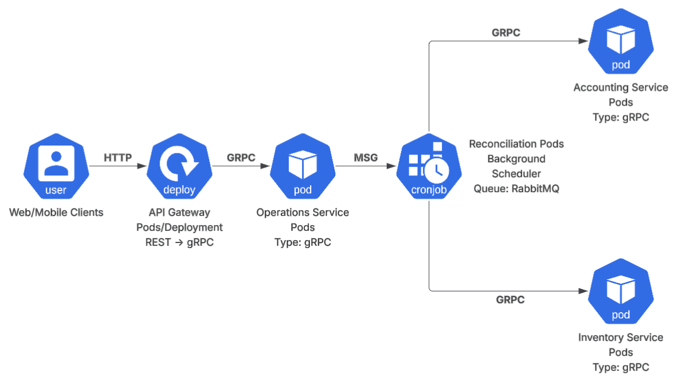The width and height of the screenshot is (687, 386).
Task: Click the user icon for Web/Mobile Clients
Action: (x=56, y=166)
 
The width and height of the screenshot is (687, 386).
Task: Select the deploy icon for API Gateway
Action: (x=179, y=166)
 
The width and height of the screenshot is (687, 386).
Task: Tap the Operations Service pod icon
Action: (x=303, y=166)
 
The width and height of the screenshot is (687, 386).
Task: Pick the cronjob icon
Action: (x=429, y=166)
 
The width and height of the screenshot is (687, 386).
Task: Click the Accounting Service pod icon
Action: (x=621, y=41)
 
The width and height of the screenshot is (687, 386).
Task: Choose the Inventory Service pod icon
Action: (x=621, y=291)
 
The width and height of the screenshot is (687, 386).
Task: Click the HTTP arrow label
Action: (x=118, y=158)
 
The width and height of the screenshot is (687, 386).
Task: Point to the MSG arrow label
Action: (x=366, y=158)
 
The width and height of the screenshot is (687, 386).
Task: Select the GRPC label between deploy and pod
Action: (x=241, y=158)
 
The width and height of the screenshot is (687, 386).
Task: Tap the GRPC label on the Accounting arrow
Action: (x=506, y=33)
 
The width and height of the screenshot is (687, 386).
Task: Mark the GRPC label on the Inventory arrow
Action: (x=511, y=299)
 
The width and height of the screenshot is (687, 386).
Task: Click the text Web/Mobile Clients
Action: (x=56, y=212)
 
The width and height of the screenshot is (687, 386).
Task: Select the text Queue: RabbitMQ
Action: (x=516, y=189)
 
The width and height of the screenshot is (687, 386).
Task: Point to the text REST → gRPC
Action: (x=179, y=242)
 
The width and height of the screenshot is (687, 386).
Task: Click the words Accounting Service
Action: (x=621, y=87)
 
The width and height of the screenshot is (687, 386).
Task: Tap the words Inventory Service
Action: (x=621, y=338)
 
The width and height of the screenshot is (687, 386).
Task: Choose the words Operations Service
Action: (x=303, y=212)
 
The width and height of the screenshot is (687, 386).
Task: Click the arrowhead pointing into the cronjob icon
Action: (x=391, y=166)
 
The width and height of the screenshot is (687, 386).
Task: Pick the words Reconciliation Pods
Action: (x=516, y=144)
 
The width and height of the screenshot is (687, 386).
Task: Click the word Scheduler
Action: (x=516, y=174)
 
